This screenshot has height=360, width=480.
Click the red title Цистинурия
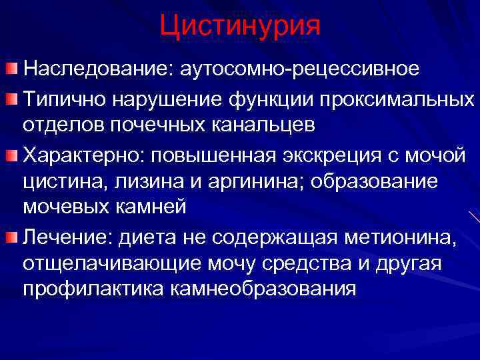click(x=240, y=26)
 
